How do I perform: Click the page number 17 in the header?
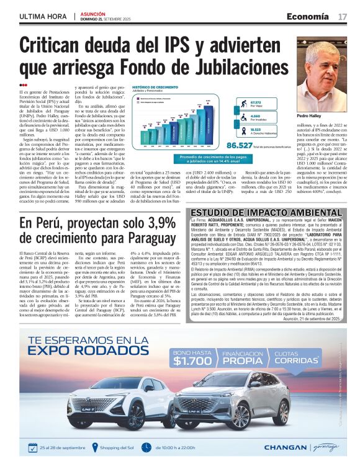tap(343, 16)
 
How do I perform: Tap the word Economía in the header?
tap(308, 16)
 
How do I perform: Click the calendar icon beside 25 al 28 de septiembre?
tap(34, 447)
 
